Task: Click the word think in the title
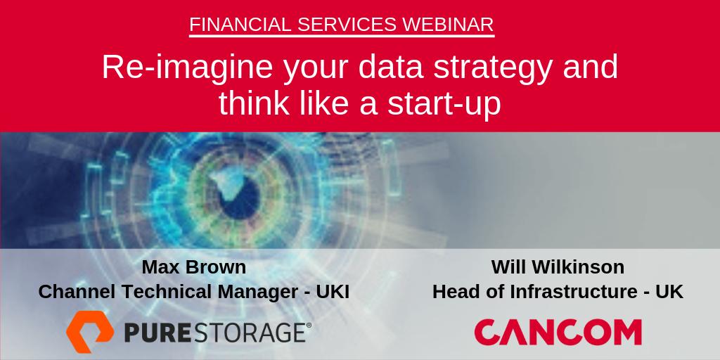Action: tap(251, 103)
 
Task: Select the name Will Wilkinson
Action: tap(558, 267)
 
